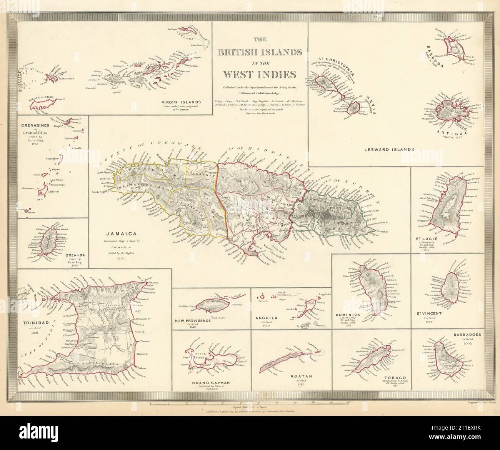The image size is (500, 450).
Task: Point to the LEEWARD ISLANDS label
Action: pos(388,149)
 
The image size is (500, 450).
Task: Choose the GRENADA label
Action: pos(75,255)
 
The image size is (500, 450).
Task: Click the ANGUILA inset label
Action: pos(270,318)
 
